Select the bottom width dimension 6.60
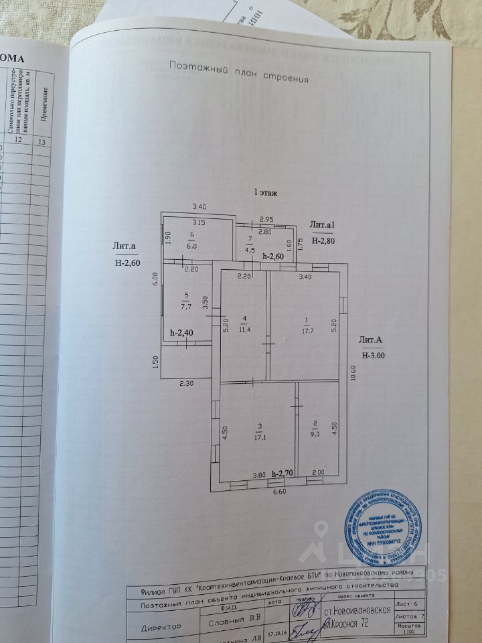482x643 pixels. pyautogui.click(x=278, y=492)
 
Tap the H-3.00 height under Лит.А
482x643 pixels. pyautogui.click(x=374, y=356)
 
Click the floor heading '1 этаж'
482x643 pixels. pyautogui.click(x=264, y=192)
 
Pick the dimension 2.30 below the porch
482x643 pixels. pyautogui.click(x=185, y=384)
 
